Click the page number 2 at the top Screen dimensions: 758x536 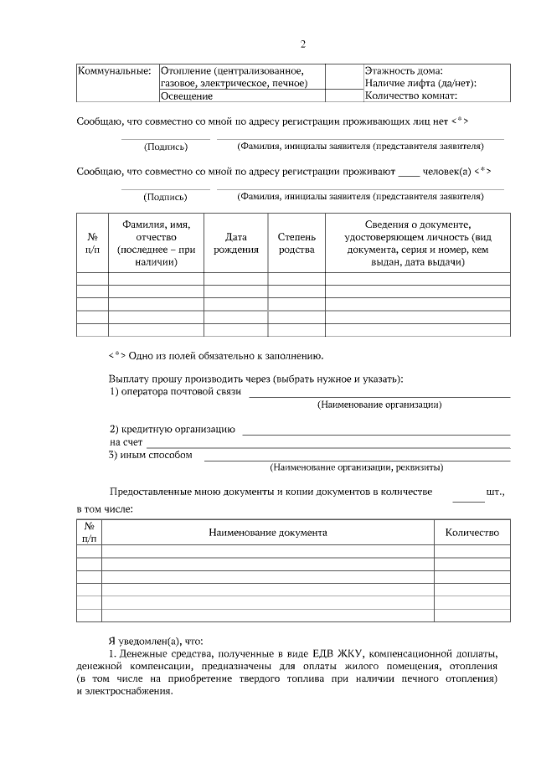tap(302, 44)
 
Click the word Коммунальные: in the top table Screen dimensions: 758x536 tap(114, 70)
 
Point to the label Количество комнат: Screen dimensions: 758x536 tap(410, 96)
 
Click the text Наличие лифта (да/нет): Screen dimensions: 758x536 tap(420, 83)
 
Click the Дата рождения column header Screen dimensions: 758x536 tap(235, 244)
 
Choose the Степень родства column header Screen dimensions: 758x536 tap(296, 244)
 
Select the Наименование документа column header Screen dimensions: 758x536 tap(268, 532)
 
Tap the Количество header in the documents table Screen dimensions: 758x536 tap(472, 532)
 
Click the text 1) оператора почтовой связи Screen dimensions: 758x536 tap(176, 391)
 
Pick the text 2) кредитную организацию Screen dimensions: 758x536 tap(172, 430)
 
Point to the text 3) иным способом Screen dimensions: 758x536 tap(151, 455)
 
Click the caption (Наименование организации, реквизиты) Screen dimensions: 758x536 tap(356, 467)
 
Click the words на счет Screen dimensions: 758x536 tap(126, 442)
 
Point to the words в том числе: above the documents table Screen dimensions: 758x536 tap(105, 508)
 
